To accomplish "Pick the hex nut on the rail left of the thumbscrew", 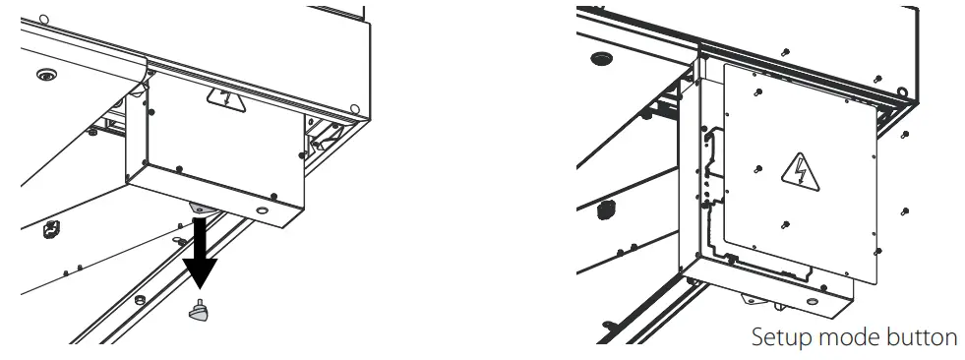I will [140, 297].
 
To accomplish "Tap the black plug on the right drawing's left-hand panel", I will [606, 208].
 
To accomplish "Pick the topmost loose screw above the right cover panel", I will [785, 50].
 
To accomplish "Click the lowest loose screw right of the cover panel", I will [903, 211].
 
